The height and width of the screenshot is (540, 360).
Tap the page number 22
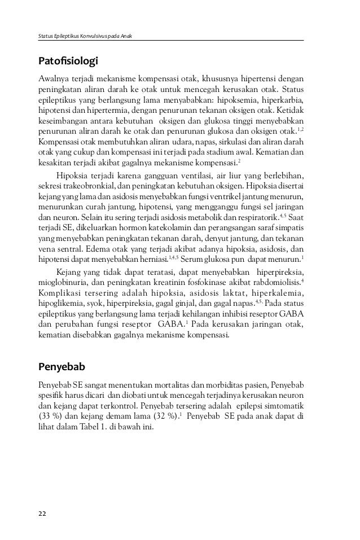[42, 513]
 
